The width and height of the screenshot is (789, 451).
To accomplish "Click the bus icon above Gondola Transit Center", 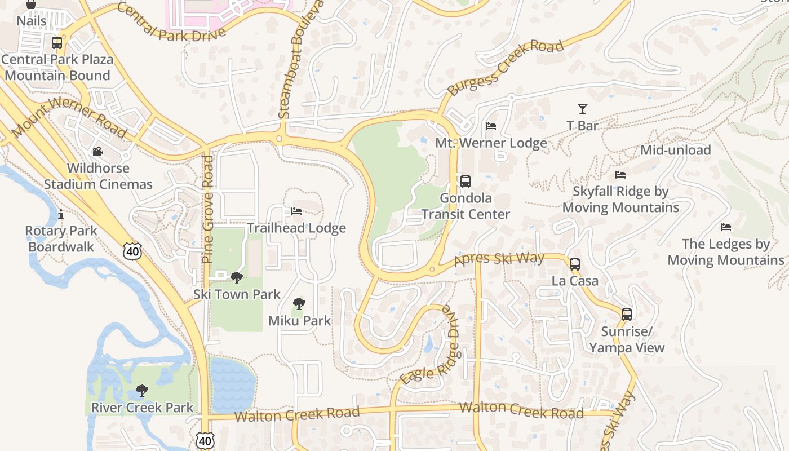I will (465, 182).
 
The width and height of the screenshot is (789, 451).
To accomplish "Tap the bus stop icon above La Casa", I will (574, 264).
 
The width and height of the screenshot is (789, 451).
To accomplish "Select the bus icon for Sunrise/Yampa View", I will (626, 315).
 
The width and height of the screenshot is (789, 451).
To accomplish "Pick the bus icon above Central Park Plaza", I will (56, 43).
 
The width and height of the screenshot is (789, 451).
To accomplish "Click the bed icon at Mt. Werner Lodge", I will (491, 126).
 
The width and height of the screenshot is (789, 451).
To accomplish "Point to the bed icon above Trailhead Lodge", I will (296, 211).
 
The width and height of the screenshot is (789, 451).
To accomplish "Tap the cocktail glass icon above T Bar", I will (582, 109).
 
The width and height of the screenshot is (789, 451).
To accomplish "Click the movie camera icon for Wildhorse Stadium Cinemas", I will (97, 152).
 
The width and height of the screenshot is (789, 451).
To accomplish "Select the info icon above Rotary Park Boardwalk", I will (61, 214).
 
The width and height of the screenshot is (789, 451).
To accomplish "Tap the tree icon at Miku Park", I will (299, 304).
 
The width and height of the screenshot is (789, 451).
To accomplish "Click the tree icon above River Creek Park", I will (142, 391).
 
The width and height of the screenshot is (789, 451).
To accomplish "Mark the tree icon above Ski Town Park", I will (237, 277).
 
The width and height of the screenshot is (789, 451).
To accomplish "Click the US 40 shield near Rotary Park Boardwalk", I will (133, 251).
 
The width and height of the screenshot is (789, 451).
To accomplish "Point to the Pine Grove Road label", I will (207, 209).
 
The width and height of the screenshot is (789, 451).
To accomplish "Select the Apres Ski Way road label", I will (499, 259).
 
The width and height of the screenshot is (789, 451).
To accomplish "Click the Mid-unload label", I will (675, 150).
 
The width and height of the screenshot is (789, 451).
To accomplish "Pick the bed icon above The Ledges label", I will (726, 227).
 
